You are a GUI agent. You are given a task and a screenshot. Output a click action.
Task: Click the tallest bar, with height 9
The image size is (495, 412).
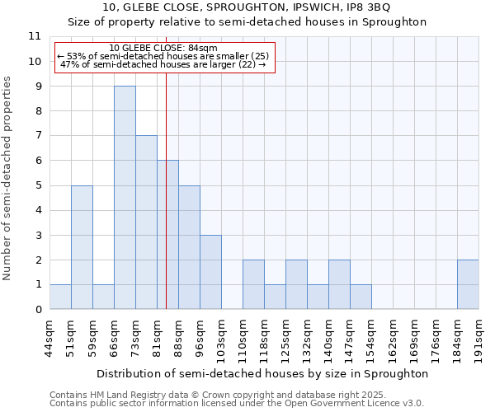point(125,198)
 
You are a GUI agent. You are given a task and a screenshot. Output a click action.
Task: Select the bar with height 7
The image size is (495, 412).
point(146,222)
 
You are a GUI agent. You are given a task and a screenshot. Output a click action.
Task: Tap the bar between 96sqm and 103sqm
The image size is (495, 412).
point(210,272)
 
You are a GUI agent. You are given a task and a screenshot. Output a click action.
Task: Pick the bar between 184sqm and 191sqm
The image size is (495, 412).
point(468,284)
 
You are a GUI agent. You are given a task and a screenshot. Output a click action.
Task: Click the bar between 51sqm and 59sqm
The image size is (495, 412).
point(82,247)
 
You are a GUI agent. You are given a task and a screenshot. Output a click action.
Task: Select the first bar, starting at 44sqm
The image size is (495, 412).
point(60,297)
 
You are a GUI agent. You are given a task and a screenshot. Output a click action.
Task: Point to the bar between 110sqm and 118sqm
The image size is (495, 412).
point(253,284)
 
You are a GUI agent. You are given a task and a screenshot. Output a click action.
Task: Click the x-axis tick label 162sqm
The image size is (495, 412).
point(393,337)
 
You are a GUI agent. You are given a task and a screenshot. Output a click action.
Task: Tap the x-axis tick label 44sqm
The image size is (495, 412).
point(49,337)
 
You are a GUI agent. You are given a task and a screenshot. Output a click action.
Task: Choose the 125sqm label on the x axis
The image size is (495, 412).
point(285,337)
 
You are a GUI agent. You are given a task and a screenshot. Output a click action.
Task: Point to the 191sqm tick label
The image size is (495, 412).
point(478,337)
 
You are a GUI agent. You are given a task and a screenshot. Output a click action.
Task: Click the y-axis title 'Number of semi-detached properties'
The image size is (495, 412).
point(8,178)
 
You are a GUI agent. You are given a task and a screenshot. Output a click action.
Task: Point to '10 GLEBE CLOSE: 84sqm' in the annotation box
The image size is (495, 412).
point(163,49)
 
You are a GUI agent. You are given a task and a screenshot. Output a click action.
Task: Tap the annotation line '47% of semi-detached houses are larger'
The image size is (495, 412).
point(163,64)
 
